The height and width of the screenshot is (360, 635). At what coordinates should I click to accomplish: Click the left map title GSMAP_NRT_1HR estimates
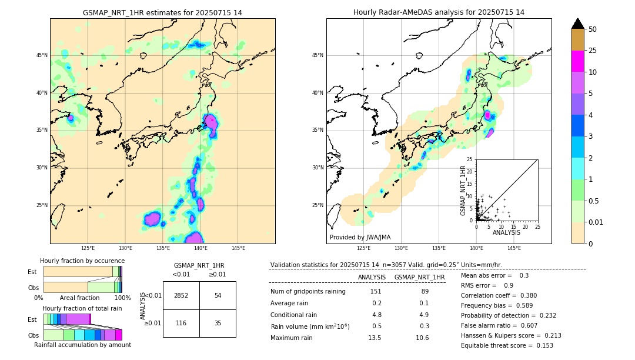(x=162, y=12)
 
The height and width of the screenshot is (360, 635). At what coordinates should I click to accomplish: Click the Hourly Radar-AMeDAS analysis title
(x=439, y=12)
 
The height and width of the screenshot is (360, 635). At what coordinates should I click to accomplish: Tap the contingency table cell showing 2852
(x=181, y=295)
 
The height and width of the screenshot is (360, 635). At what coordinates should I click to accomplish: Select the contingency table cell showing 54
(x=218, y=295)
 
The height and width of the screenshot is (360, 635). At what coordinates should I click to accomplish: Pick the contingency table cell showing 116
(x=181, y=324)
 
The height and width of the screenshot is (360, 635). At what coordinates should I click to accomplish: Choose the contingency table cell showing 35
(x=218, y=324)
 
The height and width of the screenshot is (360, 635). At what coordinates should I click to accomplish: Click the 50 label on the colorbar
(x=593, y=29)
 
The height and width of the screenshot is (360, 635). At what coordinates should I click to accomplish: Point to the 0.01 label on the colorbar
(x=596, y=222)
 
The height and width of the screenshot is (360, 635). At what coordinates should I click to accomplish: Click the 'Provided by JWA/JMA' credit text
(x=360, y=237)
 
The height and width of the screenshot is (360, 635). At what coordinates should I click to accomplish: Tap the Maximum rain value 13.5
(x=375, y=338)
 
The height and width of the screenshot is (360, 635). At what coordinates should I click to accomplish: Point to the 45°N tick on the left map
(x=42, y=55)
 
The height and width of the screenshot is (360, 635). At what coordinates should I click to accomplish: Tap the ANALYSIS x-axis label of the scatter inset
(x=506, y=232)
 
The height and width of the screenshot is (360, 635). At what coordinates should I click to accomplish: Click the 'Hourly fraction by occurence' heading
(x=82, y=261)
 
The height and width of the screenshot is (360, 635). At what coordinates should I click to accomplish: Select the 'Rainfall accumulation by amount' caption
(x=82, y=345)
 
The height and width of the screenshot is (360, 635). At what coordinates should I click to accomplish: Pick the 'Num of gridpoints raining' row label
(x=308, y=292)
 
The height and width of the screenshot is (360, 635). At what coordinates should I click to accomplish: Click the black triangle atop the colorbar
(x=578, y=24)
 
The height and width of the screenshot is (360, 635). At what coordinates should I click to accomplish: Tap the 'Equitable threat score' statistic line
(x=507, y=346)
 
